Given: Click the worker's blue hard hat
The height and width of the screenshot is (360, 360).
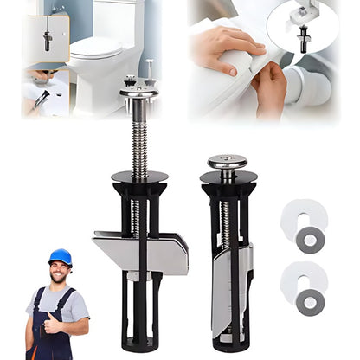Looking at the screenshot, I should pyautogui.click(x=60, y=257).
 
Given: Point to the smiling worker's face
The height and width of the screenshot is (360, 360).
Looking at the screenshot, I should pyautogui.click(x=60, y=272).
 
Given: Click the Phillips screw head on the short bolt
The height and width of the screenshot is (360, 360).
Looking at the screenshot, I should pyautogui.click(x=227, y=162).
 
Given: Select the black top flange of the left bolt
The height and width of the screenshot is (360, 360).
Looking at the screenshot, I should pyautogui.click(x=139, y=177).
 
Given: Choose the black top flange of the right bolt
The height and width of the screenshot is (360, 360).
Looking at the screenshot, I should pyautogui.click(x=228, y=178).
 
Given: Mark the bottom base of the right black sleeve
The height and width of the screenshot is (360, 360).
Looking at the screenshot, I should pyautogui.click(x=228, y=342).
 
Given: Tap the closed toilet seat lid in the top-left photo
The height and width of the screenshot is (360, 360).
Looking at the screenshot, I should pyautogui.click(x=98, y=48).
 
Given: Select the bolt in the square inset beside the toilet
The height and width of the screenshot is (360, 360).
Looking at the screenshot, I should pyautogui.click(x=46, y=40).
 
